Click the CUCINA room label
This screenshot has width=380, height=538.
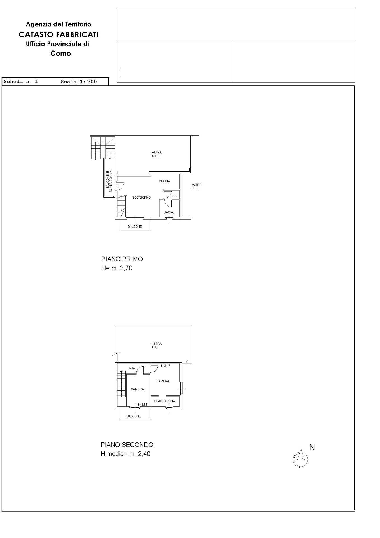click(164, 181)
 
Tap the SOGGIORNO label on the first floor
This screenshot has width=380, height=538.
click(141, 198)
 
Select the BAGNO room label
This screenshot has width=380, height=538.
click(169, 212)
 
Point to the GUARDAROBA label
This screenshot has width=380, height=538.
click(164, 401)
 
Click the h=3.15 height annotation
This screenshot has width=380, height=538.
click(165, 366)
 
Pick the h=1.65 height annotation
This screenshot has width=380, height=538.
click(143, 405)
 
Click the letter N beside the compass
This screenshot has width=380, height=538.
click(312, 447)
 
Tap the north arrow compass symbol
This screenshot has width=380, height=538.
click(301, 459)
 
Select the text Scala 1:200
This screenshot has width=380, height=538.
click(79, 82)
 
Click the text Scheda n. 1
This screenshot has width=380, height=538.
click(21, 82)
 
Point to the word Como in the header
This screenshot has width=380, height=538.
click(61, 54)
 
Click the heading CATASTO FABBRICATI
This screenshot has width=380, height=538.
click(59, 34)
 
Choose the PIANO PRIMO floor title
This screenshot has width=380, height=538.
click(122, 259)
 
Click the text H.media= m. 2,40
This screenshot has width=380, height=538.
click(125, 454)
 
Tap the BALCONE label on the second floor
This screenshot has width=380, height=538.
click(134, 416)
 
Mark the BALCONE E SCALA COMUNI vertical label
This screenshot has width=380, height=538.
click(109, 181)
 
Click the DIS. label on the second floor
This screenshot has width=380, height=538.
click(132, 368)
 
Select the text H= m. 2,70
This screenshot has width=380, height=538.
click(117, 268)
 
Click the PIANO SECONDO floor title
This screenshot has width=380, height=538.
click(127, 445)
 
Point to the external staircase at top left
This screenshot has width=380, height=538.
click(102, 148)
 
